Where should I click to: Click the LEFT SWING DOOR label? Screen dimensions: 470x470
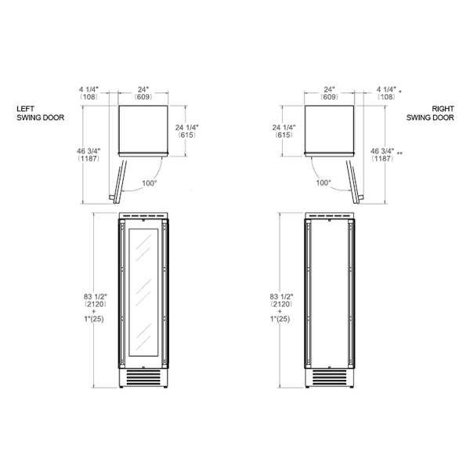point(40,114)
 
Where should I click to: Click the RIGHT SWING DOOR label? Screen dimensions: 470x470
point(430,114)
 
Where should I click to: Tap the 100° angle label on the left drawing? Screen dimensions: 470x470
point(150,183)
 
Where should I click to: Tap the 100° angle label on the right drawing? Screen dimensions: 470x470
point(324,183)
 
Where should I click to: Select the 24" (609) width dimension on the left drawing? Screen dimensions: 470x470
point(143,93)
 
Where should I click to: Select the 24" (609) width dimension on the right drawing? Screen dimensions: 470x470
point(330,93)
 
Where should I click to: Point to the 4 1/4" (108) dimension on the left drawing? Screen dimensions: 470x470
point(89,93)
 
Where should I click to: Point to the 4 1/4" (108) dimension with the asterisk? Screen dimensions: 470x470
point(389,93)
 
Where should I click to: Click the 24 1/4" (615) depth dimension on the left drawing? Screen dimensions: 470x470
point(186,132)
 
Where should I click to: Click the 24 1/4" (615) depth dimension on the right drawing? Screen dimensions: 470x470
point(284,132)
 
